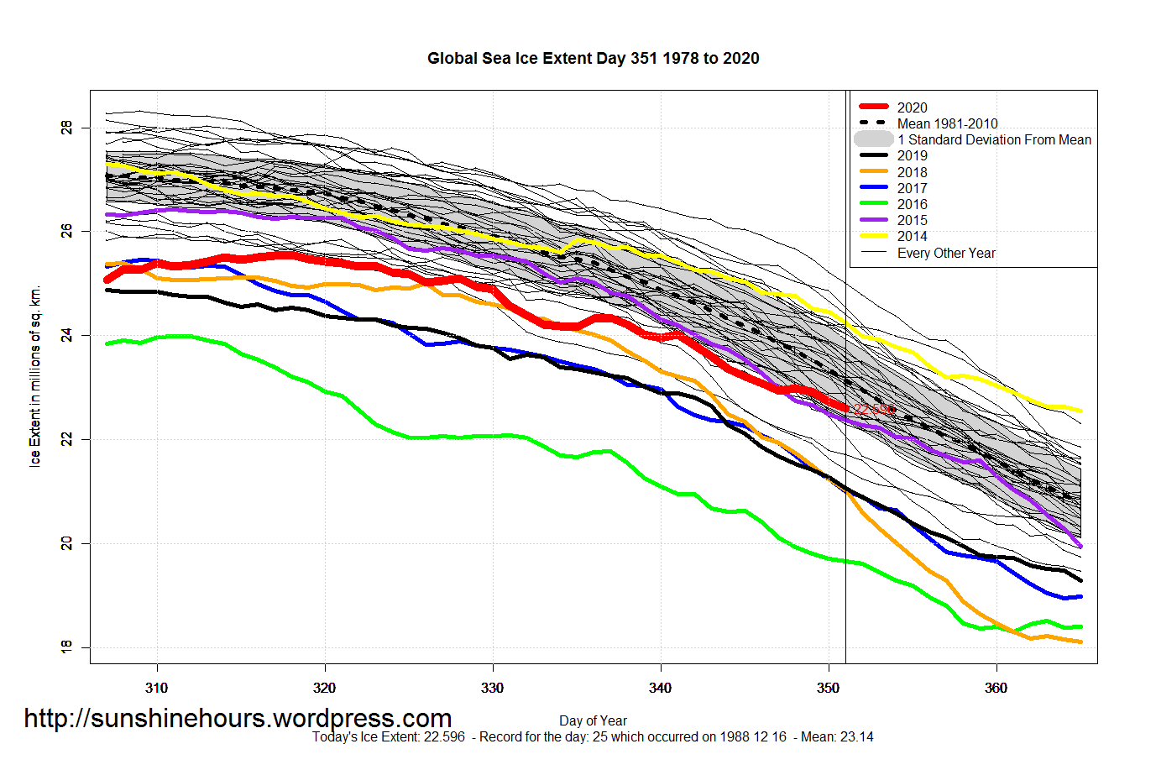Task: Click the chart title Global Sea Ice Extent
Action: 593,59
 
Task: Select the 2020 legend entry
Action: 912,107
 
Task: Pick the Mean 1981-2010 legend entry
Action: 947,123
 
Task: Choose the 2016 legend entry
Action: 912,204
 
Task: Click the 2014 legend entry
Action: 912,236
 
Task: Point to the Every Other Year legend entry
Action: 946,253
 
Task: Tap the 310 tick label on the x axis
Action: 157,688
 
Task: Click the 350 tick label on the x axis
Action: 829,688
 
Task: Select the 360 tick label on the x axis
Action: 996,688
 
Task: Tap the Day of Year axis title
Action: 593,720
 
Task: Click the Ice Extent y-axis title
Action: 35,377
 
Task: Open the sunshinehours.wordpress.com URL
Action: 238,719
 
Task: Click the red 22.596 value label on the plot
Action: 874,410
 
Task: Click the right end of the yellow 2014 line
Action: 1079,411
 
